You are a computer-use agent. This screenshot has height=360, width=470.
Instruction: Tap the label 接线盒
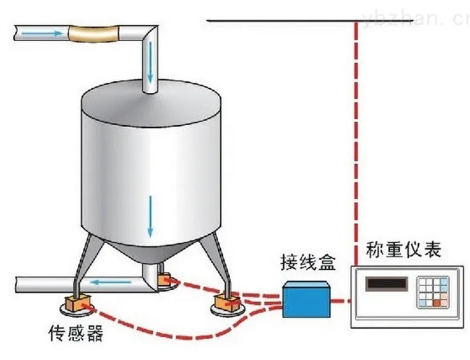[307, 260]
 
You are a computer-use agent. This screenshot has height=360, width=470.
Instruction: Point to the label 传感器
[76, 333]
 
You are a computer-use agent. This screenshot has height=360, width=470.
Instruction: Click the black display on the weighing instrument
[387, 284]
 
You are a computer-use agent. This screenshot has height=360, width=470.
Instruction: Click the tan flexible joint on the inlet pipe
[94, 32]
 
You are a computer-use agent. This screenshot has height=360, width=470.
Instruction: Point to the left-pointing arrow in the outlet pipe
[108, 279]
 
